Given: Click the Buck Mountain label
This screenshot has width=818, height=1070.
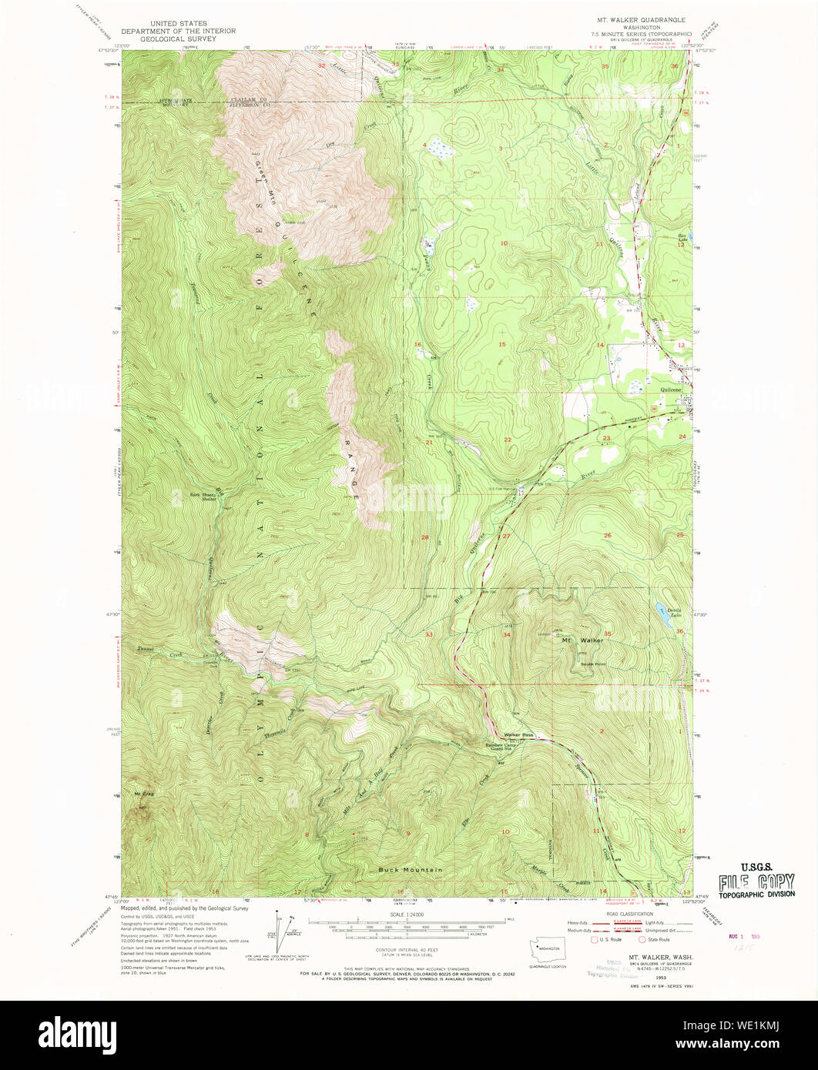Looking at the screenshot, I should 410,870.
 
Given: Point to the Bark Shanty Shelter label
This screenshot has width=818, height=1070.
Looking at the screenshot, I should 204,497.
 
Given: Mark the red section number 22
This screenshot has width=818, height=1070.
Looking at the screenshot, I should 508,440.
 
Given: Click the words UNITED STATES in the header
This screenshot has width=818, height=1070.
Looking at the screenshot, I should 178,24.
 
